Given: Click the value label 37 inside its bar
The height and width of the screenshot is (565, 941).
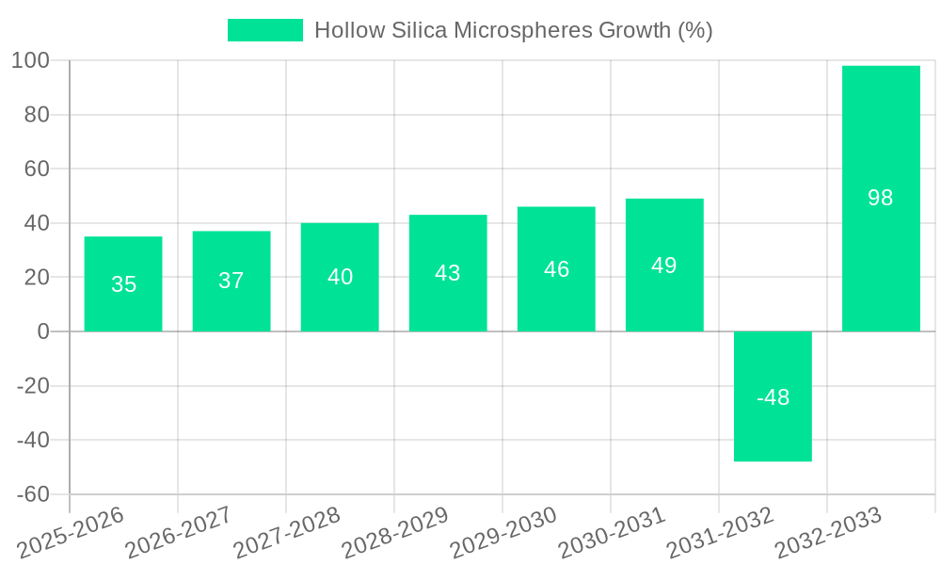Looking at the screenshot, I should coord(231,281).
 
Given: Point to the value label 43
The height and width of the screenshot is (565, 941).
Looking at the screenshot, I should coord(448,273).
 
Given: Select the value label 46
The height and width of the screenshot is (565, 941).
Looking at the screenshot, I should coord(556,269).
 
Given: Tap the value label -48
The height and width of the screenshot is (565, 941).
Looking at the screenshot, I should coord(773,397).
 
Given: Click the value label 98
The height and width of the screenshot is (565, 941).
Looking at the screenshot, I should coord(881,198).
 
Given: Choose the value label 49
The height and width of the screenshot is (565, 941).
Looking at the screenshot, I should coord(664,266).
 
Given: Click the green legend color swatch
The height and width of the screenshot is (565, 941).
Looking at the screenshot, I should coord(265,30).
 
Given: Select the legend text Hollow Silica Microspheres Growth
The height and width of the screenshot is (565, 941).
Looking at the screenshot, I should coord(513,30).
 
